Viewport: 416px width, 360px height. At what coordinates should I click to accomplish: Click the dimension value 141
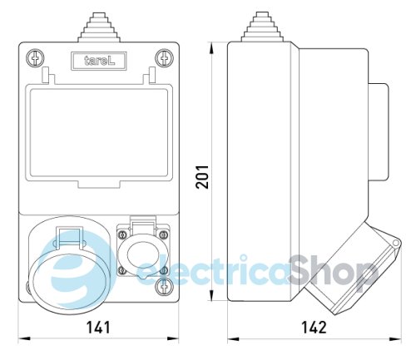pyautogui.click(x=98, y=328)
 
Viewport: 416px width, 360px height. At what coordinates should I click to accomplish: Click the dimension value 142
pyautogui.click(x=313, y=328)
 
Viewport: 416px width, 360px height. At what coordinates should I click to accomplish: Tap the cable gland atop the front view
pyautogui.click(x=99, y=28)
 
